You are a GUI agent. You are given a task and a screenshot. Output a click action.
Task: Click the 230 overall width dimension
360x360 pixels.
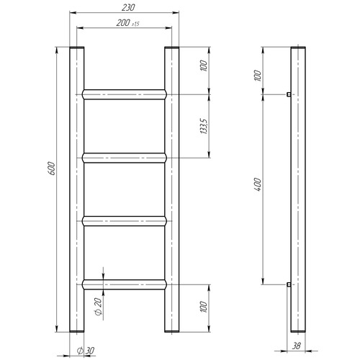coord(128,8)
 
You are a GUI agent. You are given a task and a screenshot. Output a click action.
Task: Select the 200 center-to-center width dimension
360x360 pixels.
coord(123,23)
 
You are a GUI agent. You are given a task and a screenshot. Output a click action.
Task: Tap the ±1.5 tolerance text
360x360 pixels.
coord(135,24)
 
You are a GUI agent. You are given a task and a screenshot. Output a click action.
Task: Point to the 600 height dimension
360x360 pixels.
coord(53,168)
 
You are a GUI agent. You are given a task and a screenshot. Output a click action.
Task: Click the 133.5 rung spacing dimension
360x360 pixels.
coord(204,126)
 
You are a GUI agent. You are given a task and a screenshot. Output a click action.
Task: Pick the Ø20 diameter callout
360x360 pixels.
coord(99,307)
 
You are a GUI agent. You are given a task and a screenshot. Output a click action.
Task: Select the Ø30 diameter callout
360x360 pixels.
coord(86,351)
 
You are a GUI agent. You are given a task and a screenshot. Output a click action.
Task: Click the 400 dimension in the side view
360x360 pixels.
coord(257,184)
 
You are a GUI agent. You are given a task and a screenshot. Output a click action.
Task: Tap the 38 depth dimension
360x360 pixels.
coord(297,346)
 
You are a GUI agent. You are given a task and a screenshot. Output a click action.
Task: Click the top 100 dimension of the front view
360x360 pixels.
coord(204,66)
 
